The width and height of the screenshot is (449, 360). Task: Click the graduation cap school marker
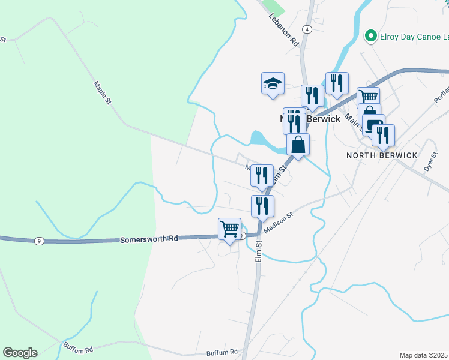click(273, 83)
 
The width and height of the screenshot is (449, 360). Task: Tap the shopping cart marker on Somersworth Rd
click(229, 229)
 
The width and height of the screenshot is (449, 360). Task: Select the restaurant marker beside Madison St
click(262, 206)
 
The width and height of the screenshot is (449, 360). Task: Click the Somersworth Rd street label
click(149, 238)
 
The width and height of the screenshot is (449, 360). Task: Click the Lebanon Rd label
click(283, 32)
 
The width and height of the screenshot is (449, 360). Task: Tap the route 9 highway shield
click(39, 241)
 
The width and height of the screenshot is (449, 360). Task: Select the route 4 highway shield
click(307, 29)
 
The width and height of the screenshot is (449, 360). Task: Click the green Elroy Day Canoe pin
click(370, 36)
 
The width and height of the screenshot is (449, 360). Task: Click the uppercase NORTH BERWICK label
click(382, 155)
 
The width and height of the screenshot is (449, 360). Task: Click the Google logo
click(20, 353)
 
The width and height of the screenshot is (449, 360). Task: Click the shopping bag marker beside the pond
click(298, 145)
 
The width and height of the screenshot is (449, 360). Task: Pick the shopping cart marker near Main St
click(368, 98)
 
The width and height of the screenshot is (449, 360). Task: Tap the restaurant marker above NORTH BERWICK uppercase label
click(382, 136)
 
